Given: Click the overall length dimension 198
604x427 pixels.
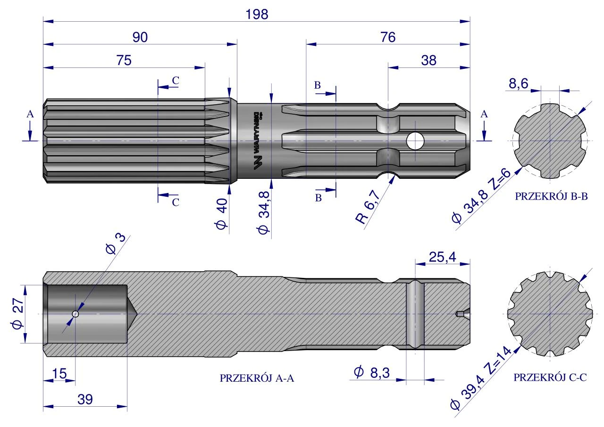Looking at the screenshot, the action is (257, 14).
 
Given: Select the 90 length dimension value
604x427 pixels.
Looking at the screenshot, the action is (140, 37).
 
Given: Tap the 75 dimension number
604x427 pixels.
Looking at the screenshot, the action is (124, 60).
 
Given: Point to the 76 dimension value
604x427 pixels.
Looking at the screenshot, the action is (388, 37).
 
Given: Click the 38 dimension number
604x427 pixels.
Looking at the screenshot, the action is (428, 60).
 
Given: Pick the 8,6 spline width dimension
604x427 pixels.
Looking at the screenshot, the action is (518, 84).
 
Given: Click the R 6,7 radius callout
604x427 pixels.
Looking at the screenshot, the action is (368, 207).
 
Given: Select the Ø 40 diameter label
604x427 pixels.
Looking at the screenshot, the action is (222, 214).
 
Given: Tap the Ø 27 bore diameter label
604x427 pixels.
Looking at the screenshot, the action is (18, 313).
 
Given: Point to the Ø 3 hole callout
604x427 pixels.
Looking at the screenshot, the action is (116, 244).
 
